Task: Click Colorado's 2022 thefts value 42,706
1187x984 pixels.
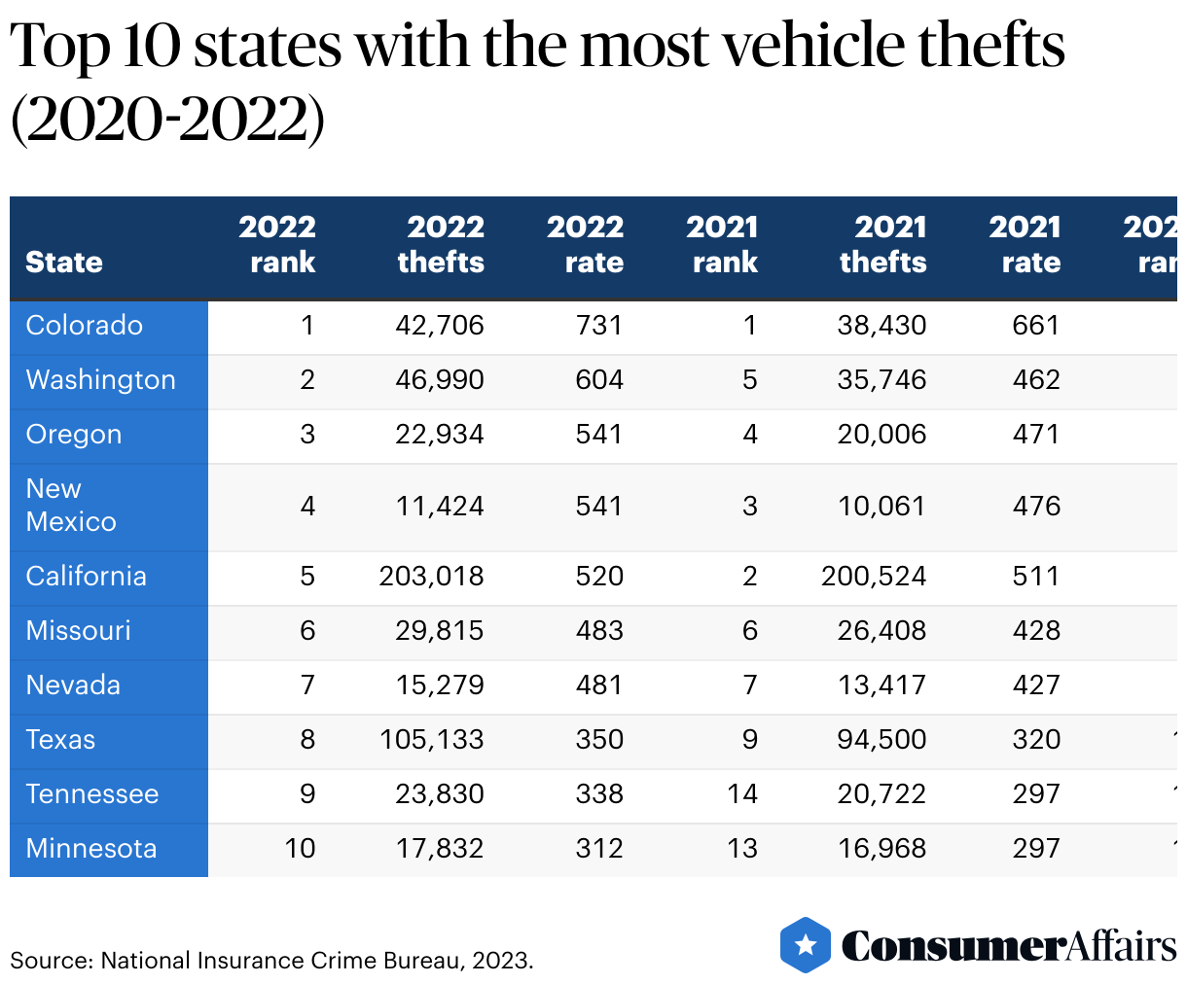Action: (439, 326)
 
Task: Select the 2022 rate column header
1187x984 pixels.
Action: (585, 245)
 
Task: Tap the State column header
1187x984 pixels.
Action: (64, 263)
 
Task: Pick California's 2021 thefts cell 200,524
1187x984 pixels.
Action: (873, 577)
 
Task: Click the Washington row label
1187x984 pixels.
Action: (100, 380)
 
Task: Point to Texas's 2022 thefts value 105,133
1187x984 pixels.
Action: (431, 740)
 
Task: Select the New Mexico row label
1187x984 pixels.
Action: (70, 506)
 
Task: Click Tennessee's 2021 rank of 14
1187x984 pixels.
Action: (741, 794)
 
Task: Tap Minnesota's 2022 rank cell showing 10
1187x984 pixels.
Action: (300, 849)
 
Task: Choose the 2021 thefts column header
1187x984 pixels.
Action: (883, 245)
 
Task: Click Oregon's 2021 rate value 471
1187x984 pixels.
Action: (1036, 435)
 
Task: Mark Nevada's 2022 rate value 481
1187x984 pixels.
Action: (598, 685)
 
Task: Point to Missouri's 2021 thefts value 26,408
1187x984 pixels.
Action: (881, 631)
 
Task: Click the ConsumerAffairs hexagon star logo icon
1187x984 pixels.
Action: (805, 944)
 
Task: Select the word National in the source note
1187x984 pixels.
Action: (145, 961)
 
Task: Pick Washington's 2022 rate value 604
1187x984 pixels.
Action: (598, 380)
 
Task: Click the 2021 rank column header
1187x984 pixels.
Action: (722, 245)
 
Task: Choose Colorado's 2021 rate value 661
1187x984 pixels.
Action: (1036, 326)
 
